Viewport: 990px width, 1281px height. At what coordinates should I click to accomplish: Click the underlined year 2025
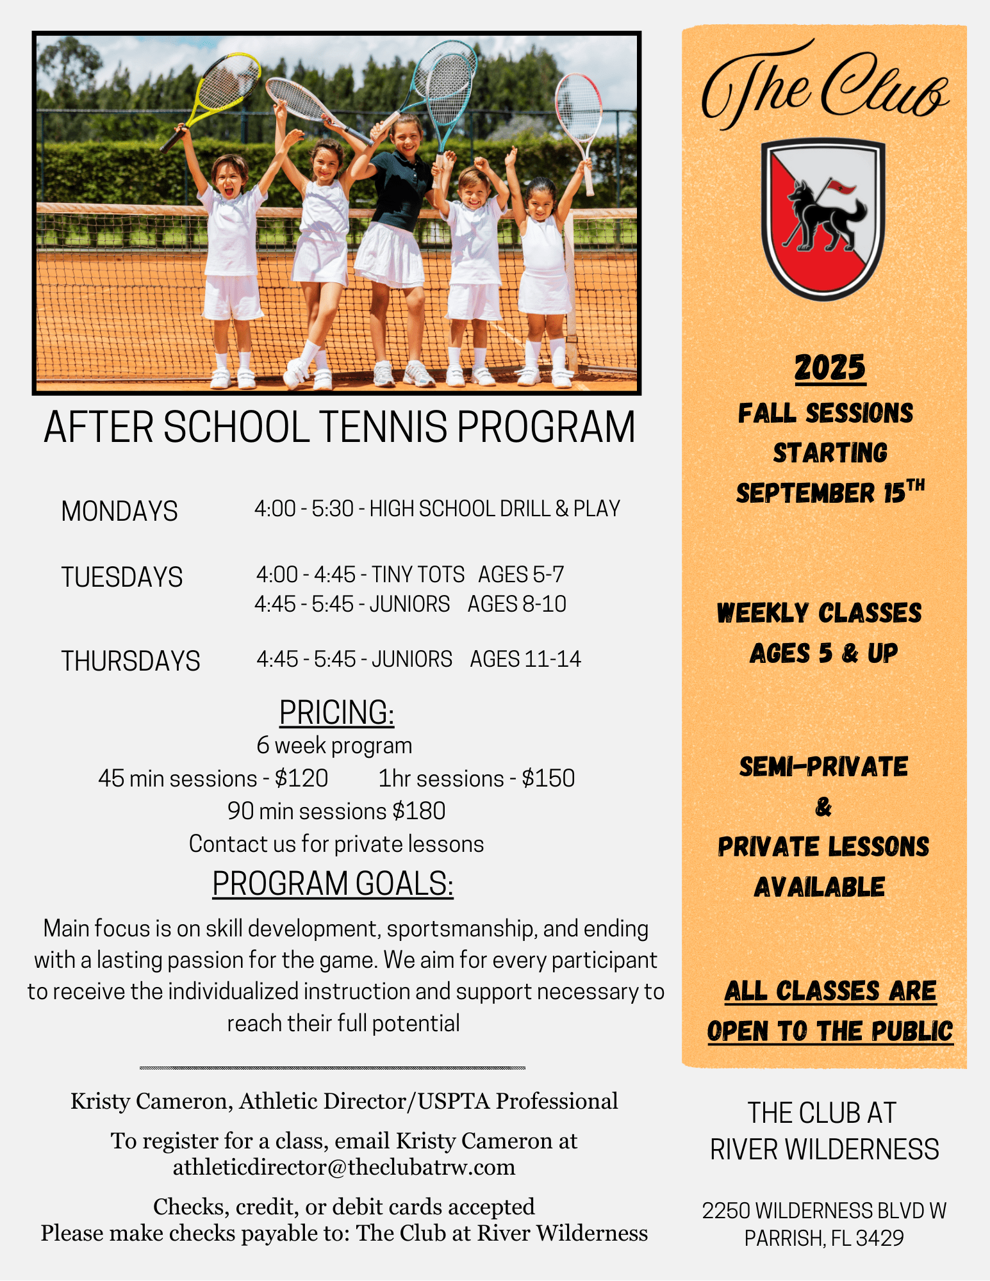830,368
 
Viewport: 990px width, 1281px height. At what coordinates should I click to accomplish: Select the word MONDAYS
119,511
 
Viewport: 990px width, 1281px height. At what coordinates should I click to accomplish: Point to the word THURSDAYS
131,661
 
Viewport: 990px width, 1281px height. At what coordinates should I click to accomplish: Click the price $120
301,778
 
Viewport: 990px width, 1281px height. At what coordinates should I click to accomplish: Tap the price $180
419,811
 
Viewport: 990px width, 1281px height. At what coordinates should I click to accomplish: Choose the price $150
548,778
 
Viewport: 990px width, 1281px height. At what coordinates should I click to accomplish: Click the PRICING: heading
336,712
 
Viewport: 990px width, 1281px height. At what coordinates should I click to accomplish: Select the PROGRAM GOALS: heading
333,884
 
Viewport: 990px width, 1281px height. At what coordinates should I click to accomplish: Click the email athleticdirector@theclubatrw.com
344,1167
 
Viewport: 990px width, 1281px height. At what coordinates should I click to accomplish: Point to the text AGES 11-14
525,659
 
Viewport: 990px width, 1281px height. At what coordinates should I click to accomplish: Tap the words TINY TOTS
418,575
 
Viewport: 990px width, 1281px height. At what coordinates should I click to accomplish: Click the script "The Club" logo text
825,86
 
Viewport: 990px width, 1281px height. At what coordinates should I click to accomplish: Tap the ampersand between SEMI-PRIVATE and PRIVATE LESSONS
823,806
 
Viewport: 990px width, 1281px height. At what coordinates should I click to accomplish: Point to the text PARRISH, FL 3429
824,1238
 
